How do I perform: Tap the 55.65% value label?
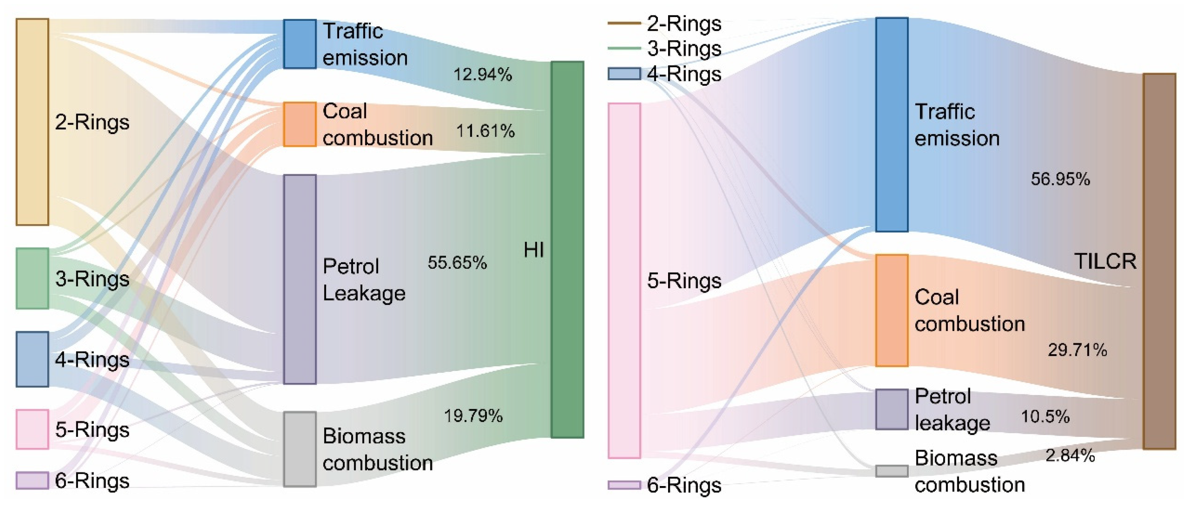pyautogui.click(x=457, y=262)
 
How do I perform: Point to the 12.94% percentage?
pyautogui.click(x=482, y=74)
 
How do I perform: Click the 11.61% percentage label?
pyautogui.click(x=485, y=131)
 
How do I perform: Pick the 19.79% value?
pyautogui.click(x=473, y=416)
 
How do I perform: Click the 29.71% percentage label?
pyautogui.click(x=1077, y=350)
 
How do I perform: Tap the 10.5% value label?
pyautogui.click(x=1045, y=416)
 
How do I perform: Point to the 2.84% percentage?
pyautogui.click(x=1070, y=455)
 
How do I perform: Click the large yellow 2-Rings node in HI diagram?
pyautogui.click(x=32, y=122)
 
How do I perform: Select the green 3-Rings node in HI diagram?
pyautogui.click(x=32, y=278)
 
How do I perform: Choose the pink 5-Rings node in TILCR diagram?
pyautogui.click(x=624, y=280)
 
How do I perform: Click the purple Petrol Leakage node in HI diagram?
pyautogui.click(x=299, y=279)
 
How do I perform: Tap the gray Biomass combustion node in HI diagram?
pyautogui.click(x=299, y=449)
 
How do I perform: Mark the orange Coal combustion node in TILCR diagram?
pyautogui.click(x=892, y=310)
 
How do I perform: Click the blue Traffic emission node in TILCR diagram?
pyautogui.click(x=892, y=124)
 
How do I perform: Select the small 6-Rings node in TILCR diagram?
pyautogui.click(x=624, y=485)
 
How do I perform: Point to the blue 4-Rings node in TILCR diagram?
pyautogui.click(x=624, y=74)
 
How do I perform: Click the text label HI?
pyautogui.click(x=534, y=250)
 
